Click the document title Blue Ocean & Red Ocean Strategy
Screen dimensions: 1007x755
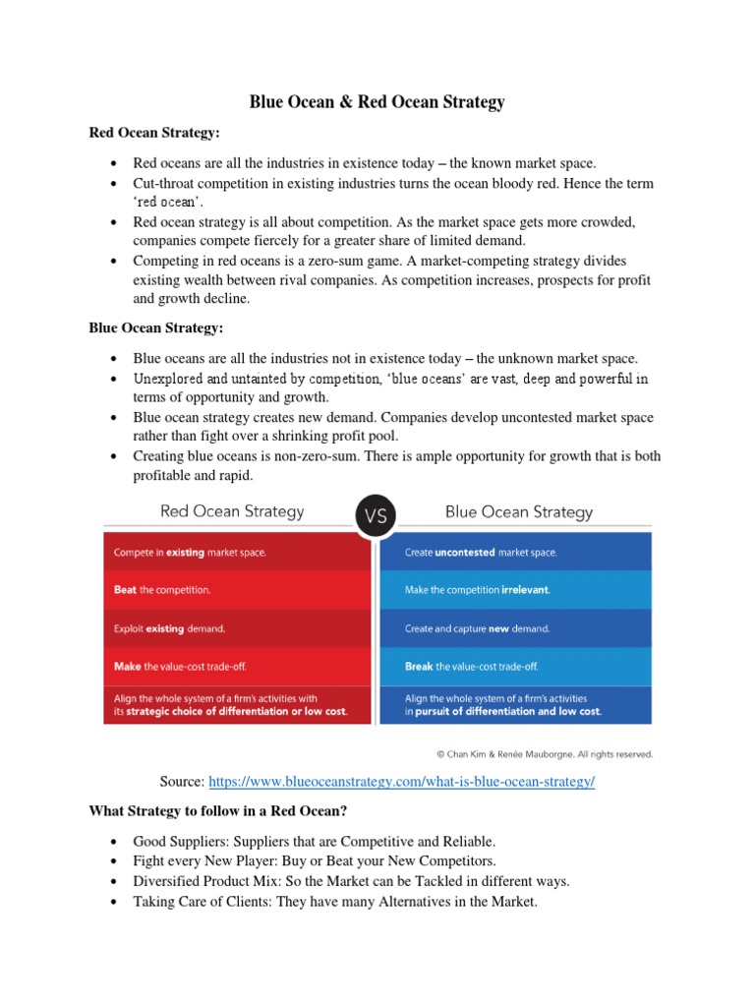[x=377, y=101]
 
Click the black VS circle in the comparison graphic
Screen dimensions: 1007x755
[x=377, y=514]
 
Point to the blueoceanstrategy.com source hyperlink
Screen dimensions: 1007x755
[x=402, y=781]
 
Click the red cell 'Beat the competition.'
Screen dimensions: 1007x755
[x=237, y=590]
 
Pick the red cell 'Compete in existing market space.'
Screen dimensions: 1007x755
[x=237, y=553]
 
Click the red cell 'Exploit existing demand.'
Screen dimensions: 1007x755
[x=237, y=628]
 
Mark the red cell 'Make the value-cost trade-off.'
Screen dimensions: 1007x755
[x=237, y=667]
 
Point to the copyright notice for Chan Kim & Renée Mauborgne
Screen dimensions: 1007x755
[x=544, y=754]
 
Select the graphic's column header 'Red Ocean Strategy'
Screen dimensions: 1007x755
[x=232, y=511]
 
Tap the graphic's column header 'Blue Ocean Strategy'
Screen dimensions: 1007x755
[x=519, y=511]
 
